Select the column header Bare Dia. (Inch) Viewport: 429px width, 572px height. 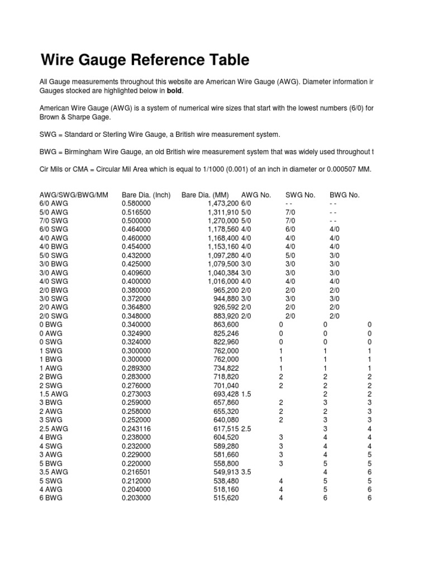click(147, 195)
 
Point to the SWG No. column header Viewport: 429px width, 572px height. click(301, 195)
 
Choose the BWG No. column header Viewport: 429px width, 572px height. click(345, 195)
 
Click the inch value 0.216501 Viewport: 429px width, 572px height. click(136, 472)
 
